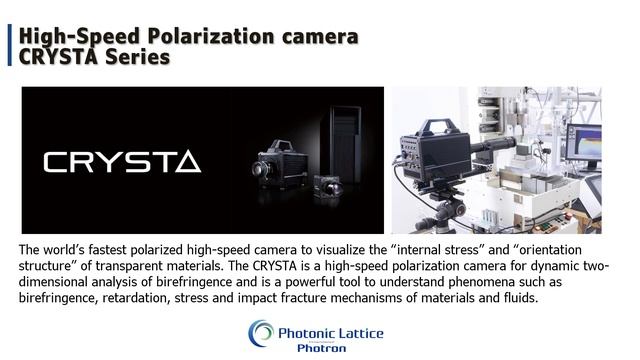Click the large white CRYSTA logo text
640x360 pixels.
122,161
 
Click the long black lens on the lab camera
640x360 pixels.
497,150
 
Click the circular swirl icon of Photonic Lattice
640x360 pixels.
262,333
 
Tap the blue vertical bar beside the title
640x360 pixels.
11,47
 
